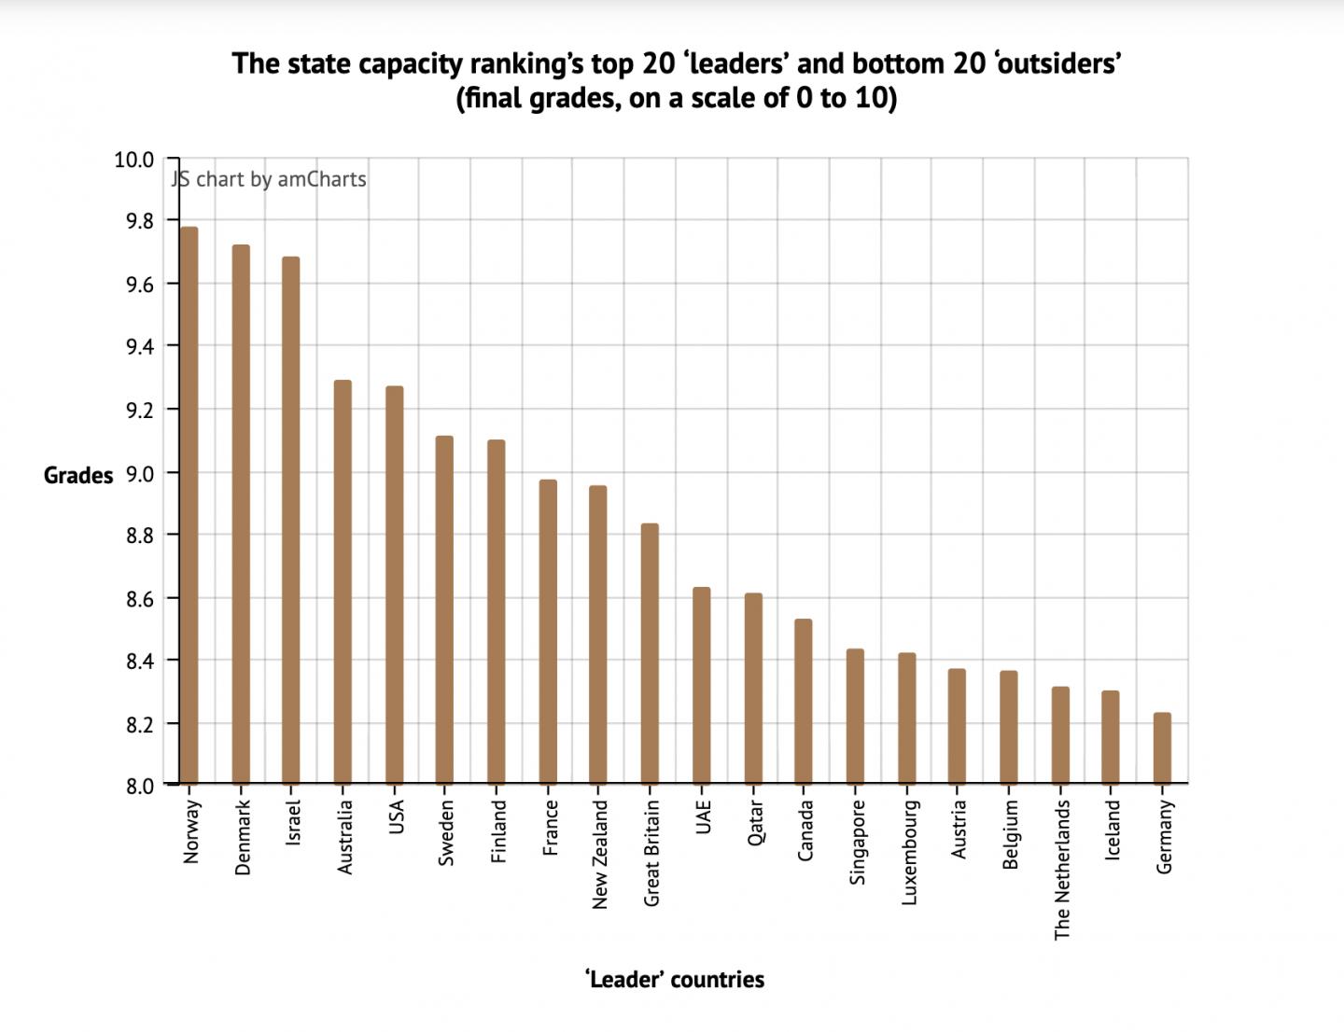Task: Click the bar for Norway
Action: [x=189, y=504]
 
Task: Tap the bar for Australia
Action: [x=343, y=580]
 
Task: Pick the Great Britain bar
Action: [x=650, y=652]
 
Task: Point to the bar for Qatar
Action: [x=753, y=687]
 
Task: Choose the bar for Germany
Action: [x=1162, y=747]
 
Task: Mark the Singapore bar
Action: [x=855, y=715]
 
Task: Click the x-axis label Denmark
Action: [x=243, y=837]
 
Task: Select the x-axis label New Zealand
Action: [x=599, y=854]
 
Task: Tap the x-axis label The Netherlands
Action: [x=1061, y=870]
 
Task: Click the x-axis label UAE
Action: [x=703, y=817]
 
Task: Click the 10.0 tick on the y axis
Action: [x=133, y=160]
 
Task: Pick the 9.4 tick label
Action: [x=133, y=347]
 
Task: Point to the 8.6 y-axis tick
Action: [x=133, y=598]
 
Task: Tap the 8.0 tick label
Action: [x=133, y=786]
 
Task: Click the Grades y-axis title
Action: [x=78, y=476]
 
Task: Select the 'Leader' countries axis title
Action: [x=675, y=980]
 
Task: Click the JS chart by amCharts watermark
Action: [x=269, y=179]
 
